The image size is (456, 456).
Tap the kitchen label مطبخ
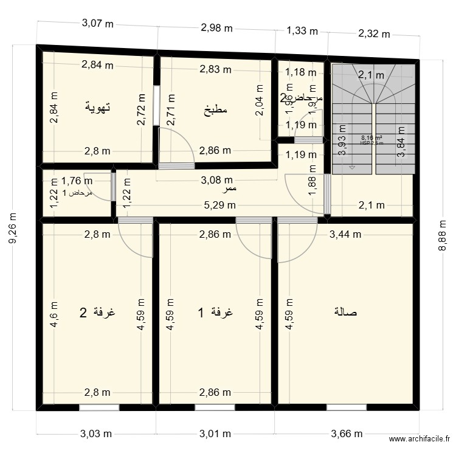215,110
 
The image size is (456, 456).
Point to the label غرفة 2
97,313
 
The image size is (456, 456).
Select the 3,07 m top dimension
97,24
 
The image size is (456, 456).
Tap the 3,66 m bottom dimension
347,434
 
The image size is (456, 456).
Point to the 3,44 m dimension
345,233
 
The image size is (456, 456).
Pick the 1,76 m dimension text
77,180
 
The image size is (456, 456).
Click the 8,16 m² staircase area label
371,138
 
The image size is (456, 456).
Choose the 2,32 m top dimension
373,34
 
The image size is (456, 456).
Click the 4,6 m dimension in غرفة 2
54,314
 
